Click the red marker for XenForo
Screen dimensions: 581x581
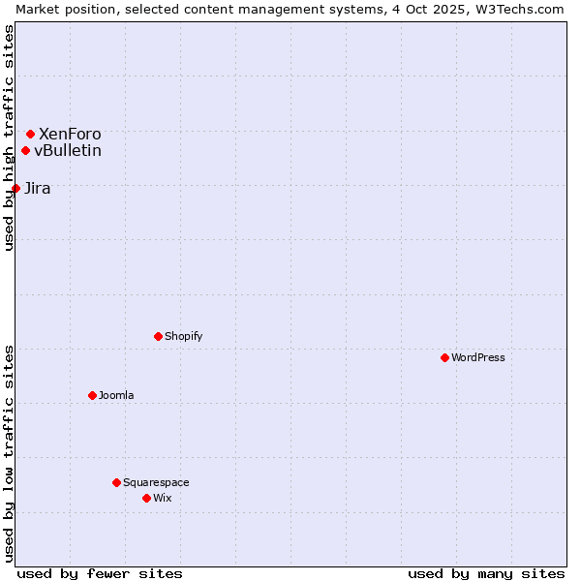(x=30, y=134)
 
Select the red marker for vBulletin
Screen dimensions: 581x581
(x=25, y=150)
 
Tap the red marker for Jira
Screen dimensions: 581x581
(x=15, y=188)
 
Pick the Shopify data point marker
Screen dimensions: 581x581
(x=158, y=336)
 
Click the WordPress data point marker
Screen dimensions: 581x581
(x=444, y=357)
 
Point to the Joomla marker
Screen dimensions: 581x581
(x=92, y=395)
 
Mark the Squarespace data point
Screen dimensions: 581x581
(x=116, y=482)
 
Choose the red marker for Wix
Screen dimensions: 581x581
(x=146, y=498)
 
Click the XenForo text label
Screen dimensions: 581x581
(x=70, y=134)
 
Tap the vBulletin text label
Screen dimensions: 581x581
(x=68, y=150)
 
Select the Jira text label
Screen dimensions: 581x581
(x=38, y=188)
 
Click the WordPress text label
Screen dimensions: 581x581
(x=478, y=357)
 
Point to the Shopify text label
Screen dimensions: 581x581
(x=184, y=336)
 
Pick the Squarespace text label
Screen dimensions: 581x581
(x=157, y=482)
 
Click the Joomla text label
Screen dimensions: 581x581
(x=116, y=395)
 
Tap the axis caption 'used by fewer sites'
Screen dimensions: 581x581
(x=100, y=573)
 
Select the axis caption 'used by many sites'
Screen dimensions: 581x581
(x=486, y=573)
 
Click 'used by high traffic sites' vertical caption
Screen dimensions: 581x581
(x=9, y=138)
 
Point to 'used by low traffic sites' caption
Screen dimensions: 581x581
(x=9, y=453)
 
